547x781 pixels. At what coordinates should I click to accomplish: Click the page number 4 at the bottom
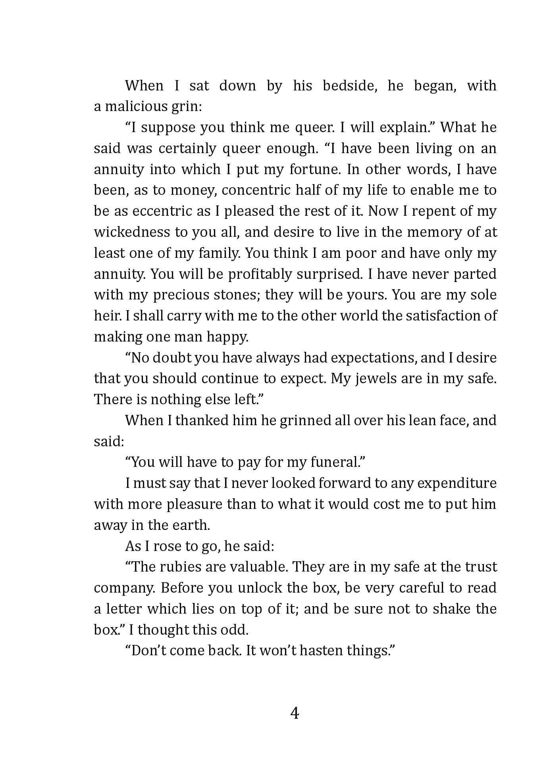point(295,713)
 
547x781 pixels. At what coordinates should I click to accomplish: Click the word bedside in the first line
point(349,86)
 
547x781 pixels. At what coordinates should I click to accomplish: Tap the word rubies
point(181,567)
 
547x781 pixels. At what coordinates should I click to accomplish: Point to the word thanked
point(202,420)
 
